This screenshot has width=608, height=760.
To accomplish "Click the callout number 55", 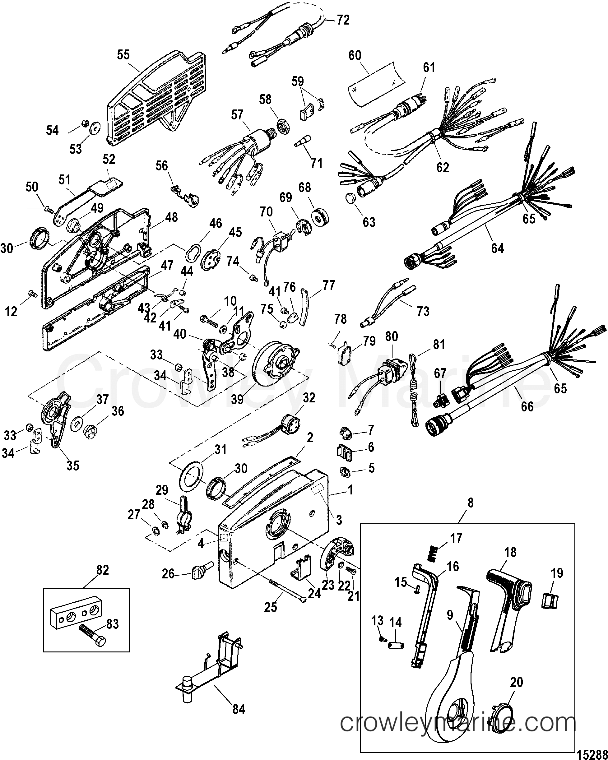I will [123, 55].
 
